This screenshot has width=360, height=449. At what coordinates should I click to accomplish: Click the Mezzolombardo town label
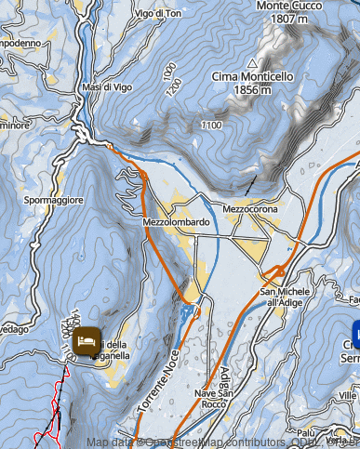click(176, 223)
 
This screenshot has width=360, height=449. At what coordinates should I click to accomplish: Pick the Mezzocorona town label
click(250, 210)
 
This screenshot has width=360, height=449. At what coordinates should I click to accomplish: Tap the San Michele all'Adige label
click(287, 297)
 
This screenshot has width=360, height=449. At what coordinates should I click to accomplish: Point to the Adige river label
click(224, 381)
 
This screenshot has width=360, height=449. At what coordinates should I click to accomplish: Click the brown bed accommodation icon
click(86, 342)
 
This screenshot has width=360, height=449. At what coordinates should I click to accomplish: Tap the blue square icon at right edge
click(355, 330)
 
